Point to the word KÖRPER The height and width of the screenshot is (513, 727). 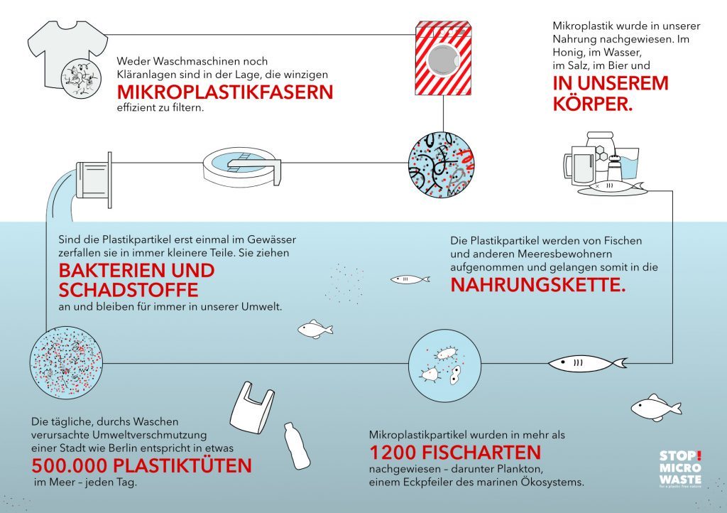593,103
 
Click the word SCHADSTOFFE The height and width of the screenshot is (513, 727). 129,292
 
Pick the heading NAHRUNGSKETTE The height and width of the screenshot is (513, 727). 540,286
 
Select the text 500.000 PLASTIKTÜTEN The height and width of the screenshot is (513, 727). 142,466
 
